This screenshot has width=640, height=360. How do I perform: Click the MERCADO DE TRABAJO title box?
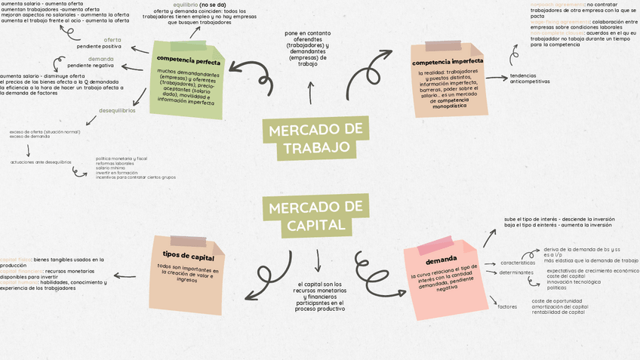[x=315, y=137]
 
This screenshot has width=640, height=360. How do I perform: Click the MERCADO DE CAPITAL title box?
[x=315, y=216]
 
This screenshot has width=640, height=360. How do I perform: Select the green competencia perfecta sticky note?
[x=183, y=79]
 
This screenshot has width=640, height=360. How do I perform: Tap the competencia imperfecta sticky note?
[x=448, y=80]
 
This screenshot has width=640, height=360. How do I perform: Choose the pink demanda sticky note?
[x=442, y=275]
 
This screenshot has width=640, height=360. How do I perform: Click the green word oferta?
[x=112, y=39]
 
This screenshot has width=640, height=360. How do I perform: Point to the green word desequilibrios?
[x=117, y=111]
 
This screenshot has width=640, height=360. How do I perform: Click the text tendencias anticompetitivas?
[x=530, y=78]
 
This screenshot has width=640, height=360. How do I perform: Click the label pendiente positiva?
[x=99, y=47]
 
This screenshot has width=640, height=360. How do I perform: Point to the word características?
[x=518, y=262]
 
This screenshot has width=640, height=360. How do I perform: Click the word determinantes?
[x=516, y=272]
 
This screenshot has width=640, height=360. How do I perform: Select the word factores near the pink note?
[x=507, y=306]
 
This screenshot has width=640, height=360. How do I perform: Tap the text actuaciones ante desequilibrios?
[x=41, y=162]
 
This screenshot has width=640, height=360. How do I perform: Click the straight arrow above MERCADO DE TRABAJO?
[x=309, y=92]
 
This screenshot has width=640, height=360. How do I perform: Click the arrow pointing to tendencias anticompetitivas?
[x=496, y=77]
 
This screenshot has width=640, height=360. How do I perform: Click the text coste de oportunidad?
[x=557, y=300]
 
